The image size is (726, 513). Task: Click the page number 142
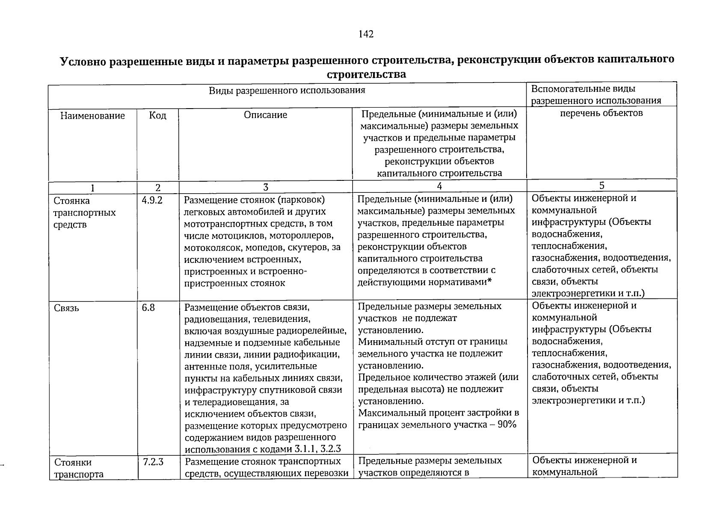367,35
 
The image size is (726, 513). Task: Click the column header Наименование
92,115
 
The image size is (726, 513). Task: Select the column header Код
157,115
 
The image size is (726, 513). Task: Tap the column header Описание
265,115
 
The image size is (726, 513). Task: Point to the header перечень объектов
601,113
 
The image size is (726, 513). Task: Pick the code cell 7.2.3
153,462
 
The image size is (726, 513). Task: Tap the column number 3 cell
265,187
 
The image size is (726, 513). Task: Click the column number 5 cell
602,186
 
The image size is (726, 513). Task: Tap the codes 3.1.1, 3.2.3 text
317,449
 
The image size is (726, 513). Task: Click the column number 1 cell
92,188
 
